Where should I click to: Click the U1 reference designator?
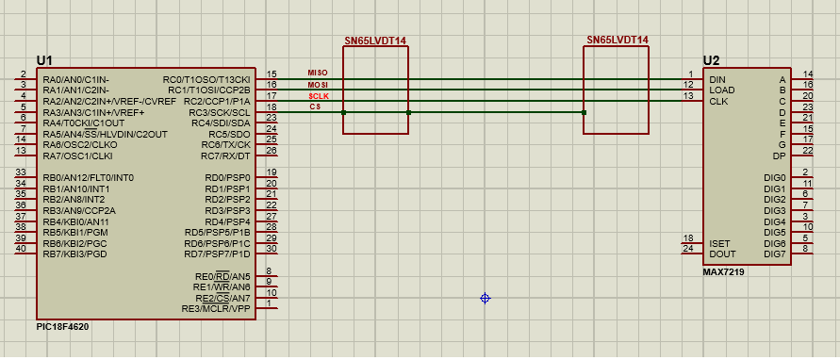44,60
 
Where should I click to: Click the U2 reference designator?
712,60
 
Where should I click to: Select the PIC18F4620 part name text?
62,326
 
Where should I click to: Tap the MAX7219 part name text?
723,272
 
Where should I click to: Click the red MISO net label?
317,73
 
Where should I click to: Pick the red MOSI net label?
318,85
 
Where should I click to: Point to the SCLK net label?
319,96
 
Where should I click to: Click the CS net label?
316,106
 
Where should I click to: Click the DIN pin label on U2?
716,79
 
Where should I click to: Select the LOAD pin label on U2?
721,90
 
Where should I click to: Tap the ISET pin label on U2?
719,243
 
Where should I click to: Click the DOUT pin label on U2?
722,254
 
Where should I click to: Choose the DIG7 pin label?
775,254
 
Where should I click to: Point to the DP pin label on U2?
779,156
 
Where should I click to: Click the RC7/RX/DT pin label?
225,156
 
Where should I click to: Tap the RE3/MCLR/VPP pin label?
216,309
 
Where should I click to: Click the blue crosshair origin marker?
485,299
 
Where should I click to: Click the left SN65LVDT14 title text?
375,41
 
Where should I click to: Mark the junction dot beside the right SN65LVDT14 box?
584,112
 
